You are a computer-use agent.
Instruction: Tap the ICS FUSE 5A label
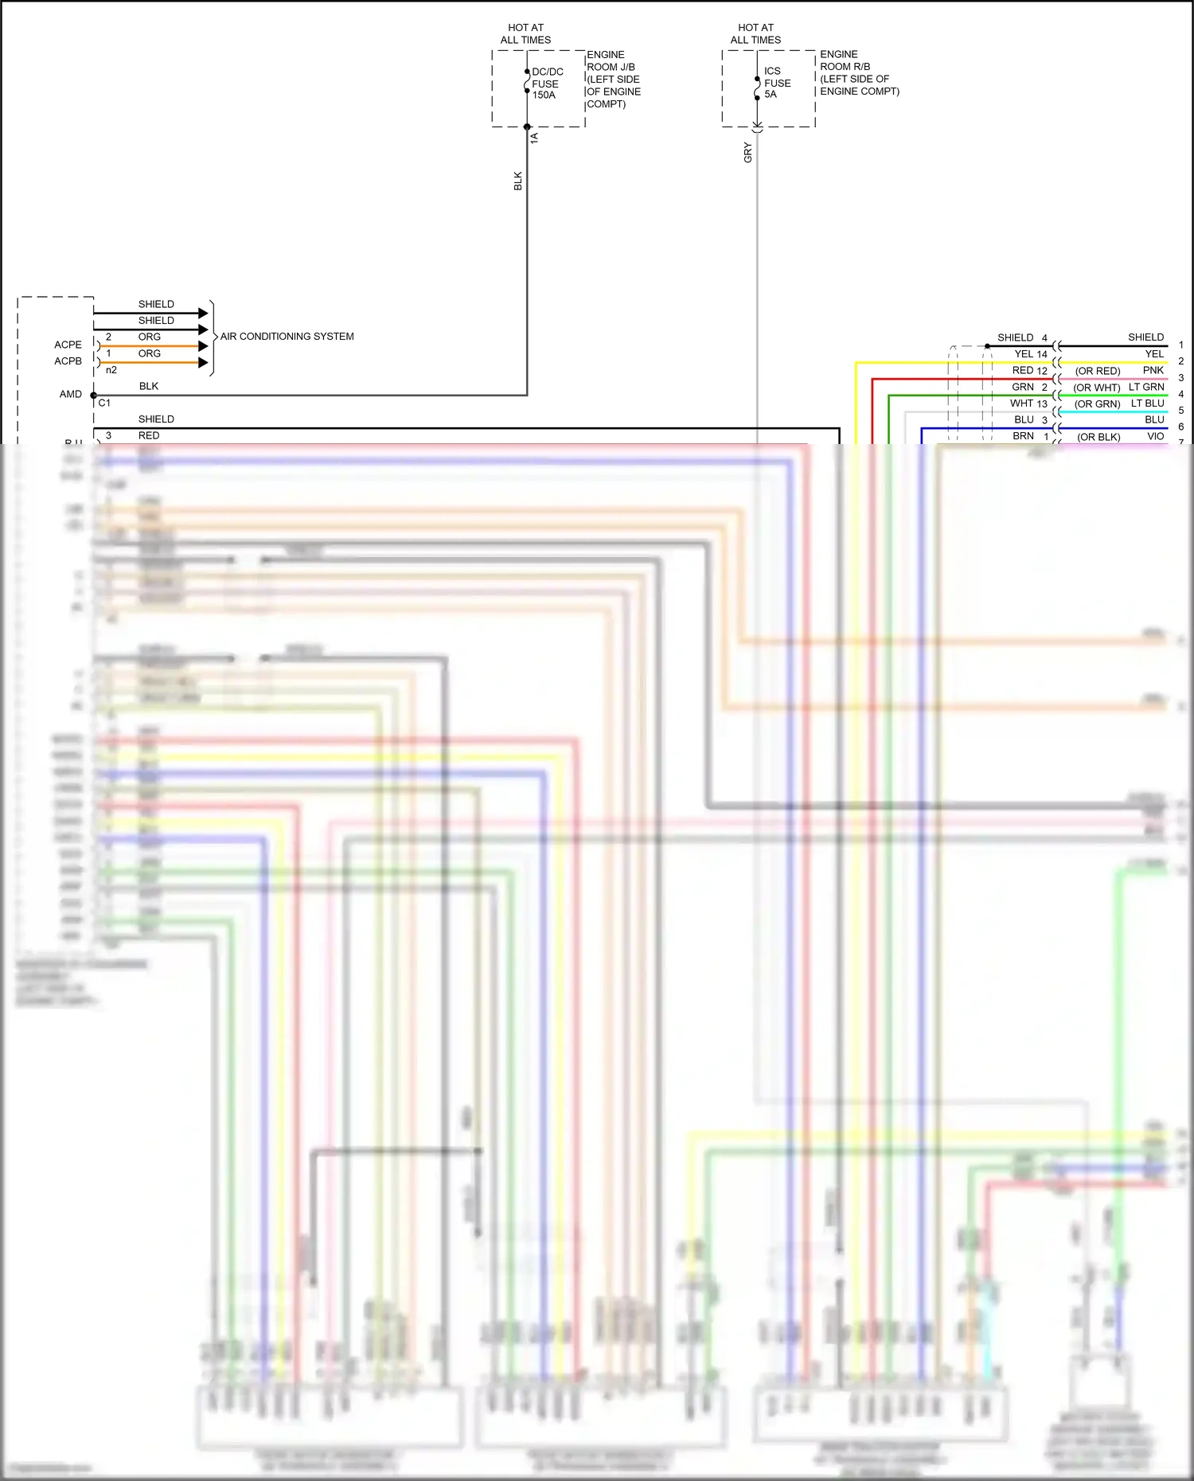[777, 83]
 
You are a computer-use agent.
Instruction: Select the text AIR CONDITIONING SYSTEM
[287, 337]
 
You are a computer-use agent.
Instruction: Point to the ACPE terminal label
[68, 345]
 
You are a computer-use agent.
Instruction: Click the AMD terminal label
[70, 394]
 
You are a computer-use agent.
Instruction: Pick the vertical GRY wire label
[747, 153]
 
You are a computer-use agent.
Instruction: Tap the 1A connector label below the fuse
[535, 138]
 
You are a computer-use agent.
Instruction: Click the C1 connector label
[104, 403]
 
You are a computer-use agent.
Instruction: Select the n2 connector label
[111, 370]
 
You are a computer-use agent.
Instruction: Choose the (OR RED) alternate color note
[1097, 372]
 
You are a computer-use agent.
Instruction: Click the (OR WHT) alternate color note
[1096, 388]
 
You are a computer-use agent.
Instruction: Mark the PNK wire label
[1153, 371]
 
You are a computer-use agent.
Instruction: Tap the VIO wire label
[1155, 437]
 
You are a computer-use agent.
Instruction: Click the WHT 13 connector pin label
[1028, 403]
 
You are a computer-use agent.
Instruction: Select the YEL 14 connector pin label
[1030, 354]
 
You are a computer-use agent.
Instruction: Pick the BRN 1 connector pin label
[1030, 436]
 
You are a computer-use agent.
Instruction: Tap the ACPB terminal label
[68, 361]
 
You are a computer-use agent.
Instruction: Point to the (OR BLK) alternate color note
[1098, 438]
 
